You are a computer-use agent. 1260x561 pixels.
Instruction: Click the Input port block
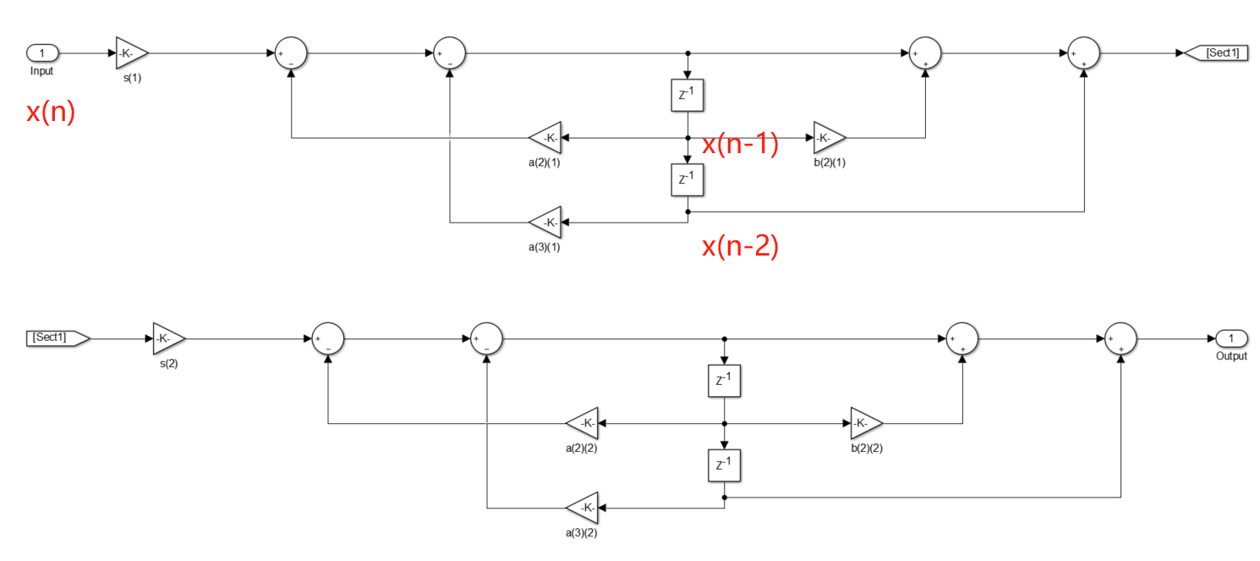(41, 52)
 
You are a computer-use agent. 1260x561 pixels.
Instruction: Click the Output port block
(1231, 338)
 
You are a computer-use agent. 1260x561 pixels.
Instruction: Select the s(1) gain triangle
(132, 52)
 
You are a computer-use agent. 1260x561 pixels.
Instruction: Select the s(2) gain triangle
(168, 338)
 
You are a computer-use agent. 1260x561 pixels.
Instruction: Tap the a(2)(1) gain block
(545, 137)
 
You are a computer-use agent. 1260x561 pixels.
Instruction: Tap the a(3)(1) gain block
(545, 223)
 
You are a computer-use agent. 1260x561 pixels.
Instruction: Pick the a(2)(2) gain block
(582, 423)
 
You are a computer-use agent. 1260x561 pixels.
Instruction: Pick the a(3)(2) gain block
(582, 508)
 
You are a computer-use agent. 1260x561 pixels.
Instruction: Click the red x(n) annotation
(51, 113)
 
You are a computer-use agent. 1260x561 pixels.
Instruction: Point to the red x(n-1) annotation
(740, 145)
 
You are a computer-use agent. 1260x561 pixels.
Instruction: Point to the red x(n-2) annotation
(740, 246)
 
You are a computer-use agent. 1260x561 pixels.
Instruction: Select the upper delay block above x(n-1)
(688, 95)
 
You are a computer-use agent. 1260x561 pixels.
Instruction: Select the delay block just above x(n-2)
(688, 180)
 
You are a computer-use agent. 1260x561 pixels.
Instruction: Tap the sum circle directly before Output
(1120, 338)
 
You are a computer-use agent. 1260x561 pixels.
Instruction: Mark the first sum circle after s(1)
(291, 52)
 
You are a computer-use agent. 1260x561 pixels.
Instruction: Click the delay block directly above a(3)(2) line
(725, 465)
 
